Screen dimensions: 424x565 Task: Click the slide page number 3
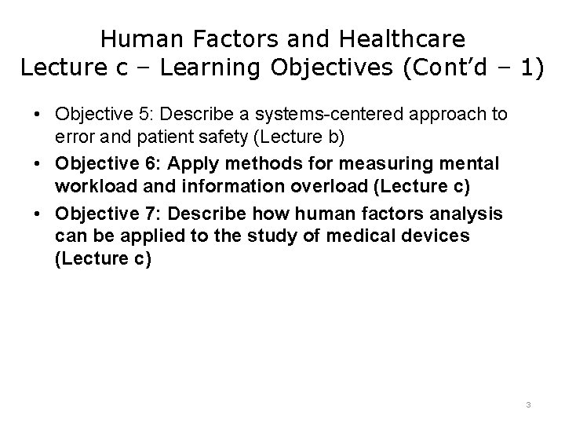click(528, 405)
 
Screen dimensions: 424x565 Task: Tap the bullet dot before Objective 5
click(38, 115)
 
